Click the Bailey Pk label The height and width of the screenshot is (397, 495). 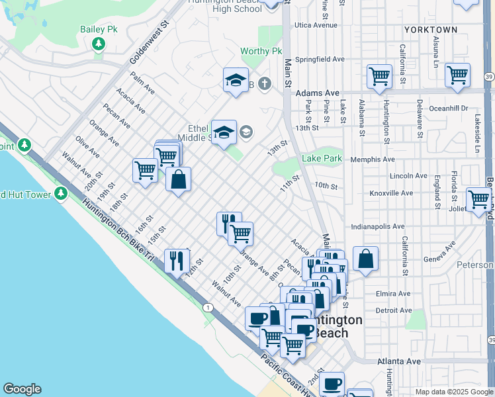coord(98,29)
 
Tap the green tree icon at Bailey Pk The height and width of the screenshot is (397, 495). coord(99,44)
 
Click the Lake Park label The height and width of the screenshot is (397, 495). coord(322,158)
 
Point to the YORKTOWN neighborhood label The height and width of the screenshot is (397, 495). coord(431,30)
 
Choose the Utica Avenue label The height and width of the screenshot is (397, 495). coord(316,25)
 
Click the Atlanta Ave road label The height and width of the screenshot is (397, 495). coord(399,361)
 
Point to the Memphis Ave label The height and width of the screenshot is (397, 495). coord(375,159)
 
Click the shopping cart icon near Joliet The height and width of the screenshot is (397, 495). coord(478,198)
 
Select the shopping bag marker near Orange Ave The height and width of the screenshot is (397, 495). coord(179,179)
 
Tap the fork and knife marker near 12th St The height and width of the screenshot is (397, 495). coord(176,259)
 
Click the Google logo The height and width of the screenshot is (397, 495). coord(22,389)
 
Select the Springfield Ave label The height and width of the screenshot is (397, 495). coord(321,59)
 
